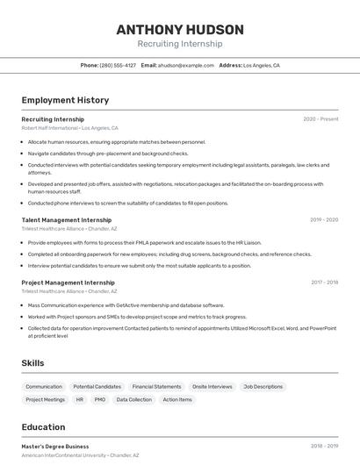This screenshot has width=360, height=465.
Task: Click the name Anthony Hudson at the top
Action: [x=179, y=29]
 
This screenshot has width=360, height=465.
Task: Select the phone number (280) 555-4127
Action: [x=118, y=65]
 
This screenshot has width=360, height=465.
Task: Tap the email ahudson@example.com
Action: [x=186, y=65]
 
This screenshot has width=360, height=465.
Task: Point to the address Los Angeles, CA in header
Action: [x=261, y=65]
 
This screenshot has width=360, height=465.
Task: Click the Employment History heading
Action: [x=65, y=100]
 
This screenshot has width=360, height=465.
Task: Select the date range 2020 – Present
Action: [x=320, y=118]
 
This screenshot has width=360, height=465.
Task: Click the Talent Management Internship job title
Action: [x=67, y=219]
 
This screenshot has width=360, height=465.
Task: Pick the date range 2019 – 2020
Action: [x=324, y=219]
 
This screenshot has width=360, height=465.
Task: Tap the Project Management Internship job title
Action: [x=68, y=283]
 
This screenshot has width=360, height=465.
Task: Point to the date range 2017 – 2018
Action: [x=324, y=283]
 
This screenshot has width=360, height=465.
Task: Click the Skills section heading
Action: [x=33, y=362]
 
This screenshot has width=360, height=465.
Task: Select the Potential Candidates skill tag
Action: [x=97, y=386]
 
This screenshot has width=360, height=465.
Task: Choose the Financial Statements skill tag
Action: [x=156, y=386]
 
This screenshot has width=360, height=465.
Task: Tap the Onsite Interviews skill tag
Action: [x=212, y=386]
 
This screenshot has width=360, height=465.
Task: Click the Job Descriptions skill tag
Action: [x=263, y=386]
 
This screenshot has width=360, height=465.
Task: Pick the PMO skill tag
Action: [x=100, y=399]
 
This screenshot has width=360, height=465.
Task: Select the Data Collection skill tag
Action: [x=133, y=399]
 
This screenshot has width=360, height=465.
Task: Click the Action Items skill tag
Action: [x=177, y=399]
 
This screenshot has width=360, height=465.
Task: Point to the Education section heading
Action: [x=43, y=427]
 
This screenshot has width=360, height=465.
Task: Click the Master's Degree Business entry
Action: [x=55, y=446]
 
